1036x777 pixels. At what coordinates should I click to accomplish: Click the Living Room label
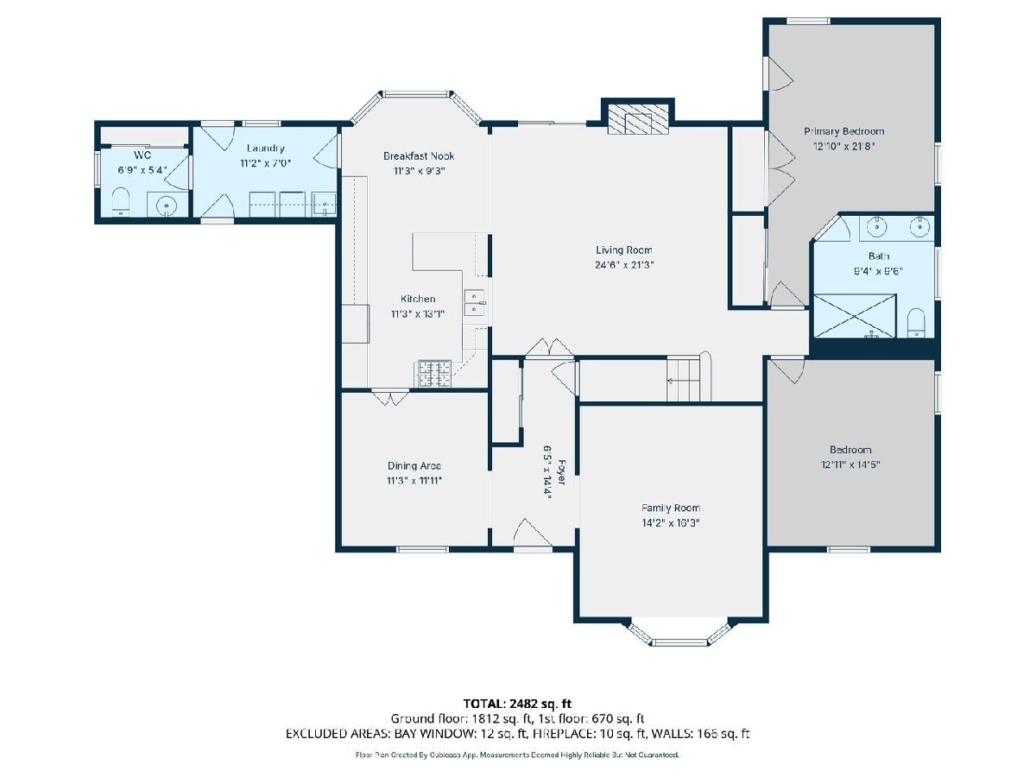pos(623,250)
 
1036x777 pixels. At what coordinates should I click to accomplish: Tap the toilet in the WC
pos(122,202)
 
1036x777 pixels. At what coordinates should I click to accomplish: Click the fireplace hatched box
pos(638,119)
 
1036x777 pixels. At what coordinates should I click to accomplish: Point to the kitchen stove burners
pos(434,374)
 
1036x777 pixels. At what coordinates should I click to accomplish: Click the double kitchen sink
pos(474,302)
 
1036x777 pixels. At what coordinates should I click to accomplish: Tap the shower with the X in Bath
pos(855,316)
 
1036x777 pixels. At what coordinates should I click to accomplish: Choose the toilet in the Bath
pos(916,323)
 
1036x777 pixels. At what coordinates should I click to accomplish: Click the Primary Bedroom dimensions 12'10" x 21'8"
pos(843,146)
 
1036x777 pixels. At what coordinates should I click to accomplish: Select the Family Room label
pos(670,508)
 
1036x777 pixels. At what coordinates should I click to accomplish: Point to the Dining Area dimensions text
pos(414,481)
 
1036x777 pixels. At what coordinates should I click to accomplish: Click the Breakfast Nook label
pos(419,155)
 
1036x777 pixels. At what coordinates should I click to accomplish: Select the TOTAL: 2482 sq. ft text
pos(517,704)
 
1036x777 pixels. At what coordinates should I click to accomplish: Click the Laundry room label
pos(266,148)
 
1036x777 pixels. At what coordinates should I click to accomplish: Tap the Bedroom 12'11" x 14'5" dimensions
pos(850,464)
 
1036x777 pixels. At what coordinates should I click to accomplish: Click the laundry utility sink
pos(325,205)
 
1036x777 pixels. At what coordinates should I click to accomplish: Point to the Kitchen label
pos(418,299)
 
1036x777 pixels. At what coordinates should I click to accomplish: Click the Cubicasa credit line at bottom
pos(517,755)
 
